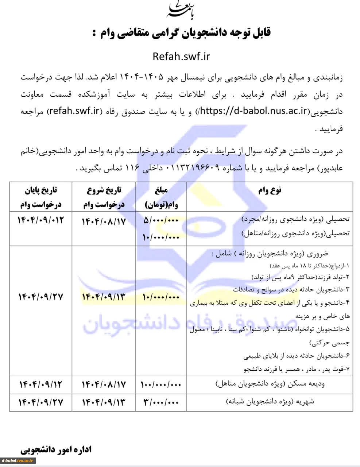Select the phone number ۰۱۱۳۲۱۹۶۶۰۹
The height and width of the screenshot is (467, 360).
[x=193, y=168]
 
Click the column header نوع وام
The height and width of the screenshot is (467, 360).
[x=270, y=190]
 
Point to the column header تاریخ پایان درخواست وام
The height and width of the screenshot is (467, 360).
[x=41, y=197]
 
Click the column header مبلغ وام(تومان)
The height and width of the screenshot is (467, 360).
[x=161, y=197]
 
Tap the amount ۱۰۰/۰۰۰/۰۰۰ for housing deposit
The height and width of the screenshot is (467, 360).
[x=160, y=384]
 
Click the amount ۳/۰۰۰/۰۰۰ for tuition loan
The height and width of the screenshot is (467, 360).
[x=161, y=402]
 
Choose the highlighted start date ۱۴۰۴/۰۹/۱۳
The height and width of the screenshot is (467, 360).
[x=104, y=297]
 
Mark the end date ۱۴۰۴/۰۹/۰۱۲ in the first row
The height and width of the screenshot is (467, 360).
[x=41, y=220]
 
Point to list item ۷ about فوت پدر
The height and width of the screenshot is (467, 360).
[x=297, y=369]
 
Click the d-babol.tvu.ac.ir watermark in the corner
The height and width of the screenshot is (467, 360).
[x=18, y=460]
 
